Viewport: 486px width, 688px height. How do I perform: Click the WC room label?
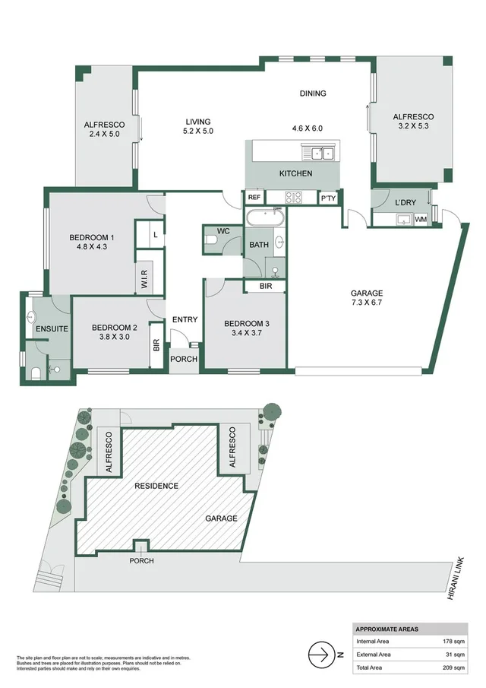coord(224,230)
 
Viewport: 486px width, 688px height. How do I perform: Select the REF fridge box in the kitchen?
coord(254,198)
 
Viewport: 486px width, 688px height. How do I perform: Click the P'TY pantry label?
coord(328,198)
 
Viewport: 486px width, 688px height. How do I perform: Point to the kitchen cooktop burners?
coord(293,198)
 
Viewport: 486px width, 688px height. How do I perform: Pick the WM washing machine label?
coord(421,220)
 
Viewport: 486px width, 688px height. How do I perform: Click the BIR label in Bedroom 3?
coord(265,286)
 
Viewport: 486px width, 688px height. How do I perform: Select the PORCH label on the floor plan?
coord(183,359)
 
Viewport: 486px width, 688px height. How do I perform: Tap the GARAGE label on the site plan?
coord(221,518)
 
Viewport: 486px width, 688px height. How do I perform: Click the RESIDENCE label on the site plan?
coord(156,486)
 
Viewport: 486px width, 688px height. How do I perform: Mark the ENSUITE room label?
coord(52,328)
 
